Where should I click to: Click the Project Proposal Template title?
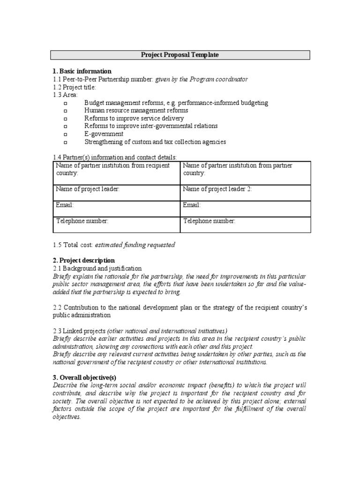[x=180, y=55]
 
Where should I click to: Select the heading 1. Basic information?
[x=82, y=71]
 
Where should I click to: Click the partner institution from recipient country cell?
[x=116, y=172]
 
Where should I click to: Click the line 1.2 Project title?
[x=75, y=87]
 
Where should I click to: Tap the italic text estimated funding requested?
[x=135, y=245]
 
